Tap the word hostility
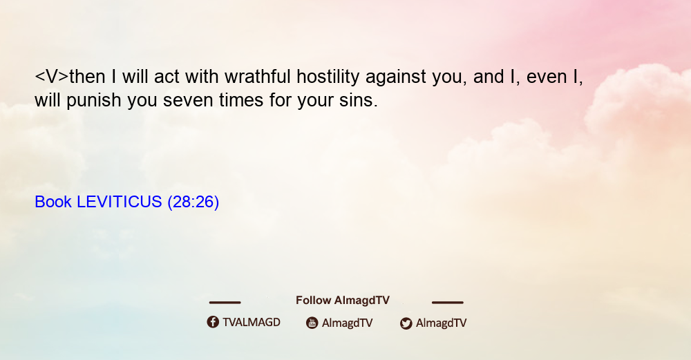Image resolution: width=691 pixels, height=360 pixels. coord(328,77)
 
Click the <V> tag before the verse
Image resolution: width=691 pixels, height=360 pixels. coord(52,77)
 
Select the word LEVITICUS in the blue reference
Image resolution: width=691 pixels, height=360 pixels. coord(120,202)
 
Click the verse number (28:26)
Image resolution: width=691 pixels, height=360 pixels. coord(193,202)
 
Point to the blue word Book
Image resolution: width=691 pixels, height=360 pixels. coord(53,202)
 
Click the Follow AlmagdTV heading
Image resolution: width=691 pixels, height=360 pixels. coord(343,301)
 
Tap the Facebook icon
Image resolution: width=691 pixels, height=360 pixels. coord(213,322)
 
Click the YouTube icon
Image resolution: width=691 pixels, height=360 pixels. coord(312,323)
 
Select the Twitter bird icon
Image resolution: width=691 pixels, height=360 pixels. coord(406,323)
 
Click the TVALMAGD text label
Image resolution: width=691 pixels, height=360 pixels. coord(252,323)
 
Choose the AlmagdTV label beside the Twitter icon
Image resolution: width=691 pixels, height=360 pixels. coord(441,323)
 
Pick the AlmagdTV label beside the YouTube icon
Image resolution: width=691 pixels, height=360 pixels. coord(348,323)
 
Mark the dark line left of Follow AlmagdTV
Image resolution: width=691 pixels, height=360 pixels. coord(225,303)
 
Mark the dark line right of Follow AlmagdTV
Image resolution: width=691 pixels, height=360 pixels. coord(448,303)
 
